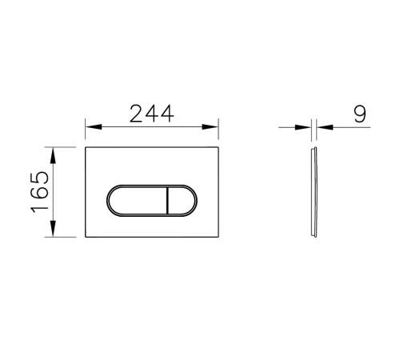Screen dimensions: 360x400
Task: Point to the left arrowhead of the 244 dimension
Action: (90, 126)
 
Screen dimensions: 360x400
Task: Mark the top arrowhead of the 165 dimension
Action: (54, 151)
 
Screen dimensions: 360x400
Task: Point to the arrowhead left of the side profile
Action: (306, 126)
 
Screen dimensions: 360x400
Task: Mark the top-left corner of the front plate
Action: (85, 147)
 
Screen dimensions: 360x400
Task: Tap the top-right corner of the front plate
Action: (220, 147)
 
